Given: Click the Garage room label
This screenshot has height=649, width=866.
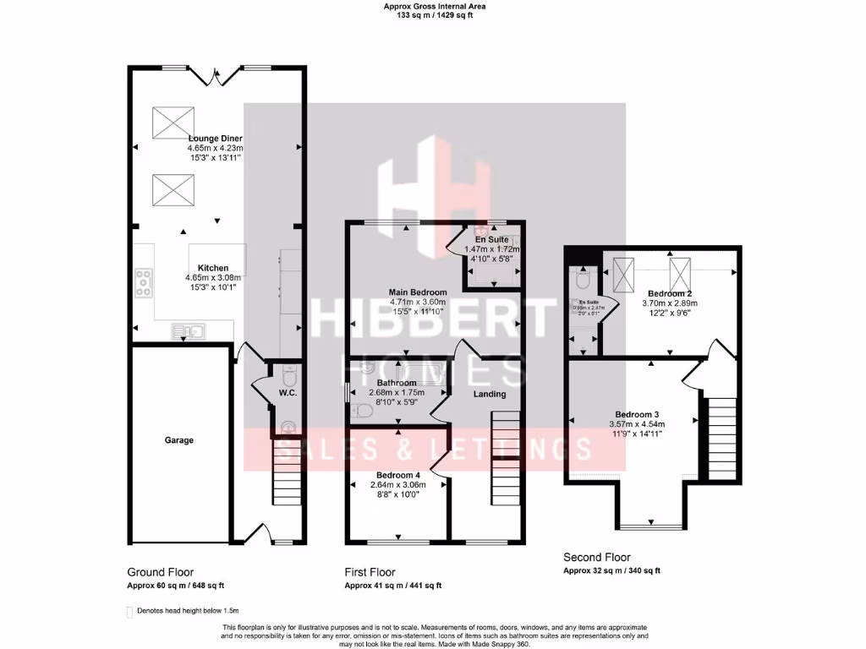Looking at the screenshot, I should (178, 440).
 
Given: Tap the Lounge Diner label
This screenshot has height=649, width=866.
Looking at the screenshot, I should (214, 138).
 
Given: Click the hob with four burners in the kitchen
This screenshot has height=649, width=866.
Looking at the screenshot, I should (143, 282).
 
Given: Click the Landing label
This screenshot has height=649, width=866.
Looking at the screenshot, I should (489, 394).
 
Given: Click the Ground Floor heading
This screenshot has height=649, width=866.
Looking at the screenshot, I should (160, 572).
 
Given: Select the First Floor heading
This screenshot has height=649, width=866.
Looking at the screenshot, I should (371, 572).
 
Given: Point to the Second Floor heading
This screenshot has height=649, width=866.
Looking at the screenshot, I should (596, 558).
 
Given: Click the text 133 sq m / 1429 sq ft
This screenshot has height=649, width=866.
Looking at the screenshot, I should (434, 15).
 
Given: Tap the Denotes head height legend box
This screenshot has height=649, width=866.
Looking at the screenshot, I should (130, 611).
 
